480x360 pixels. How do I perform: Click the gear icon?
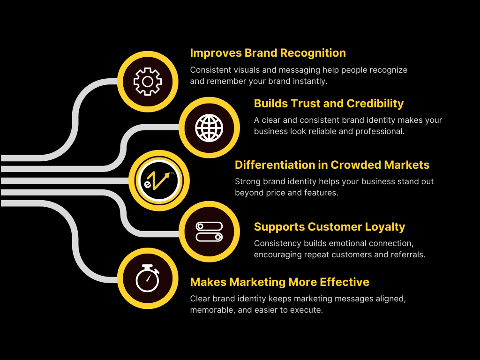tap(148, 82)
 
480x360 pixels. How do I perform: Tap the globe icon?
tap(209, 127)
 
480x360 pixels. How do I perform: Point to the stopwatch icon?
tap(148, 278)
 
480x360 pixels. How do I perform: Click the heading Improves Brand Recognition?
tap(268, 53)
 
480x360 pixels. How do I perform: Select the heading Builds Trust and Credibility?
tap(329, 103)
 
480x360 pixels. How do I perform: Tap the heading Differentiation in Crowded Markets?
tap(332, 165)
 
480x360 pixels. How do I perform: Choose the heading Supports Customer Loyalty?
tap(329, 227)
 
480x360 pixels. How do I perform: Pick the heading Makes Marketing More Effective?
tap(279, 282)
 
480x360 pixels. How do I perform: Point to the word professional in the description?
tap(380, 131)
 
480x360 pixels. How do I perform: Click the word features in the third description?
tap(322, 193)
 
